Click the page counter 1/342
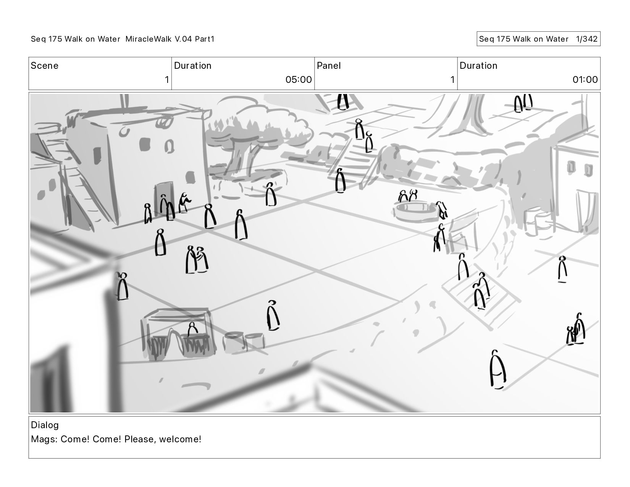[x=586, y=39]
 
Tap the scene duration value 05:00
[x=298, y=79]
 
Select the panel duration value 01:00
[x=585, y=79]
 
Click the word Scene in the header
[x=44, y=66]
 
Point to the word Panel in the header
[x=328, y=66]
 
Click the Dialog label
[x=45, y=425]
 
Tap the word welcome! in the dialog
[x=180, y=439]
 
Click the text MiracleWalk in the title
[x=149, y=39]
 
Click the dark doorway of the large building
[x=163, y=197]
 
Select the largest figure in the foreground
[x=498, y=369]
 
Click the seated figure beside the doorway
[x=184, y=203]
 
